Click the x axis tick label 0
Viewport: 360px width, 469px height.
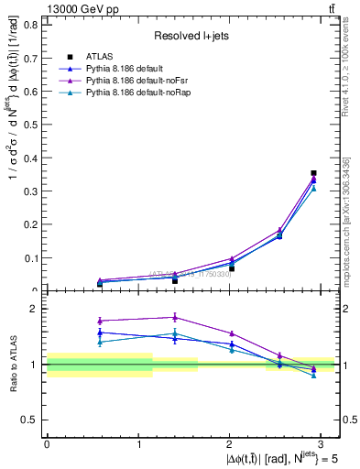tap(47, 443)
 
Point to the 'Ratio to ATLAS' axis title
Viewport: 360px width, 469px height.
tap(12, 364)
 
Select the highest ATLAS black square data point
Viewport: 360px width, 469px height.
tap(313, 172)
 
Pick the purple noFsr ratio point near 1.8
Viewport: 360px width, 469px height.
tap(174, 318)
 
